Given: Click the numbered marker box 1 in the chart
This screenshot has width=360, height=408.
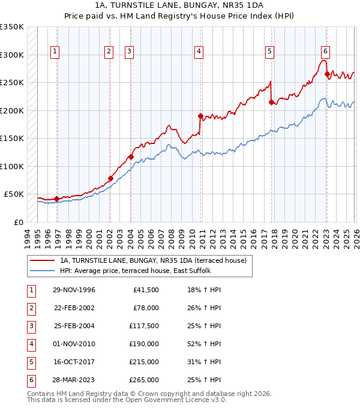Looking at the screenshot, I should pos(55,52).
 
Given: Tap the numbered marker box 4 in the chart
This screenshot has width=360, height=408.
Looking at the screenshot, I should pos(198,52).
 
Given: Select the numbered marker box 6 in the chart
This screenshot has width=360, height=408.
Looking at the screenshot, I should pos(325,52).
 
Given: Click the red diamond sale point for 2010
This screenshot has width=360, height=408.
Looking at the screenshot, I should pos(201,115).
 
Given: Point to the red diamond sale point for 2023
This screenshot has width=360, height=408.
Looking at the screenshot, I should pos(327,74).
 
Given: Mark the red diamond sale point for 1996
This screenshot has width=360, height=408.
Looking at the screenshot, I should pos(57,199).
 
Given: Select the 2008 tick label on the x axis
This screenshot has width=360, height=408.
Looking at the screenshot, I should pos(172,237).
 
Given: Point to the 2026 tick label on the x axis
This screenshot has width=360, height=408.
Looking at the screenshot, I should pos(355,237).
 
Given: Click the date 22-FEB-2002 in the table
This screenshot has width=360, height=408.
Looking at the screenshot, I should pos(74,308).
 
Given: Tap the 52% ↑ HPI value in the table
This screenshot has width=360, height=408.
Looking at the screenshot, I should pos(205,344).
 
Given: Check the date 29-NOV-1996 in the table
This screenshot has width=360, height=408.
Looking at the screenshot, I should pos(74,290).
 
